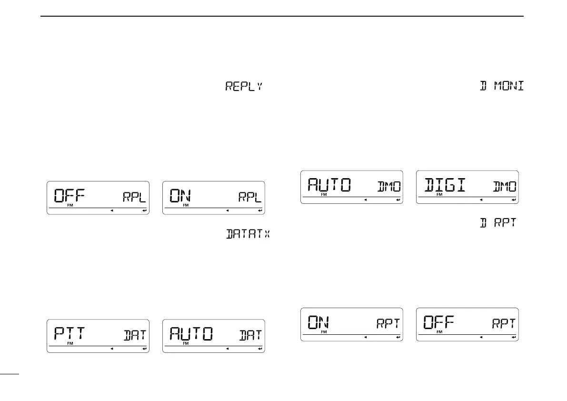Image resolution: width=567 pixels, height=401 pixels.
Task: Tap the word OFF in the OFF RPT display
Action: coord(439,322)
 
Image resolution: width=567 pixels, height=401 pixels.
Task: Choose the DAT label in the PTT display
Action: coord(134,335)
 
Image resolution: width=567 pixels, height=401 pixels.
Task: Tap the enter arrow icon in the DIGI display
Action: coord(513,200)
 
